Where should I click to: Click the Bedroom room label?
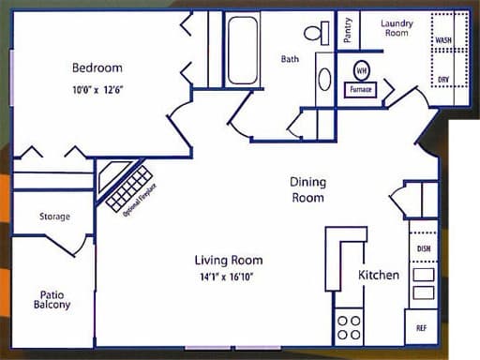click(97, 67)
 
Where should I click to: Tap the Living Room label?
click(228, 260)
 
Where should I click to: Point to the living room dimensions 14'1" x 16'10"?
click(228, 277)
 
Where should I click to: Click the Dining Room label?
click(307, 190)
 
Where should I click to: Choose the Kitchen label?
click(379, 275)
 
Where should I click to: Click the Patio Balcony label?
click(52, 298)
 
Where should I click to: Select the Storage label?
click(54, 217)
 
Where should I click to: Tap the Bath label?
click(291, 59)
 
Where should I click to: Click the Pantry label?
click(348, 30)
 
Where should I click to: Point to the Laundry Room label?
click(397, 27)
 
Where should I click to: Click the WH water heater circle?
click(361, 70)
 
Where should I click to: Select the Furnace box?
click(361, 90)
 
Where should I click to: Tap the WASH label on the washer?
click(444, 41)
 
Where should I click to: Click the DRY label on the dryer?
click(443, 80)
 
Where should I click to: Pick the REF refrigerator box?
click(422, 328)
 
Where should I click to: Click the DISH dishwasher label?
click(423, 247)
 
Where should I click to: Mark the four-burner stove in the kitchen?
click(349, 326)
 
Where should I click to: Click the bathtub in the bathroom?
click(242, 49)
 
